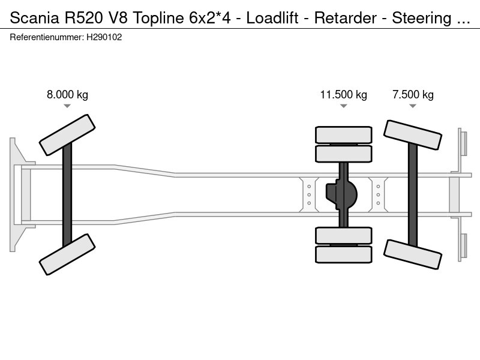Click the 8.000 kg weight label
67,95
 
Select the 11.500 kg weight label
343,95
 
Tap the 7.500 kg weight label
413,95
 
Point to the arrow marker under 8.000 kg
67,106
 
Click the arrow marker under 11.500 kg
343,106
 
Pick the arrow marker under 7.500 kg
413,106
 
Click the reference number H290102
105,37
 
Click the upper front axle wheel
67,135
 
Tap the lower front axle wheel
67,254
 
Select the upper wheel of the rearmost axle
413,135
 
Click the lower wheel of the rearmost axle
413,254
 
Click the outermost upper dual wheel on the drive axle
344,134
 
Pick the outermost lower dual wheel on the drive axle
344,254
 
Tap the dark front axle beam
67,194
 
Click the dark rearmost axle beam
413,194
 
